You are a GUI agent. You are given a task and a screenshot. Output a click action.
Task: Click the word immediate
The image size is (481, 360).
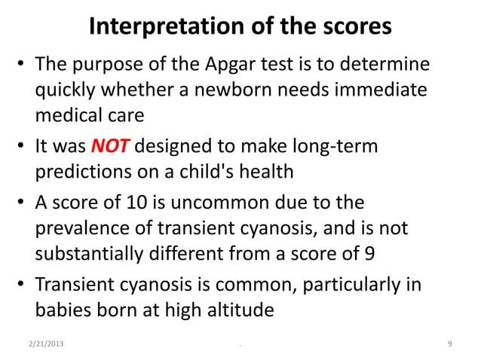click(x=375, y=90)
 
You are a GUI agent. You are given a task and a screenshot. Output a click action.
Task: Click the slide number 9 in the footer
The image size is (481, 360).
click(x=449, y=345)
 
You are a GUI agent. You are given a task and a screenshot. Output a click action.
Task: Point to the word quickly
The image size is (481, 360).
click(x=68, y=90)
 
